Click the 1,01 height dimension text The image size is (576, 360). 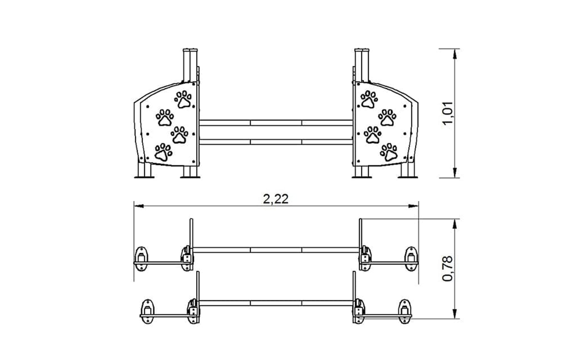pos(448,113)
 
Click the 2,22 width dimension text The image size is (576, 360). pos(276,199)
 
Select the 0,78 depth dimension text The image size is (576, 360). pos(448,269)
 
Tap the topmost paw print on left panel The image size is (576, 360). pos(183,99)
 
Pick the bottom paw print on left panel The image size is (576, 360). pos(163,152)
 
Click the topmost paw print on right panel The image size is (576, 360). pos(369,99)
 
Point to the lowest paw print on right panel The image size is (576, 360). pos(389,152)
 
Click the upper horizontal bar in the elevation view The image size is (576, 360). pos(276,123)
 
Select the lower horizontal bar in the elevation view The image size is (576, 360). pos(276,142)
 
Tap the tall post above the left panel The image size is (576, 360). pos(190,65)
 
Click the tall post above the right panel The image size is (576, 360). pos(362,65)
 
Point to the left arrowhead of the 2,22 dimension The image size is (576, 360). pos(139,206)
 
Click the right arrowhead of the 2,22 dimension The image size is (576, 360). pos(414,206)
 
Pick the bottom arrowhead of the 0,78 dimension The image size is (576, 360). pos(454,314)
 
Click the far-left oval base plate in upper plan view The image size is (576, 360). pos(141,259)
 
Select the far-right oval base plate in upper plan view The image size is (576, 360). pos(411,259)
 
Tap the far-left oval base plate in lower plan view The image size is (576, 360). pos(147,311)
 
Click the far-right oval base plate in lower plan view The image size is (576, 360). pos(405,311)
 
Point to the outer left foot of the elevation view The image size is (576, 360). pos(144,170)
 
